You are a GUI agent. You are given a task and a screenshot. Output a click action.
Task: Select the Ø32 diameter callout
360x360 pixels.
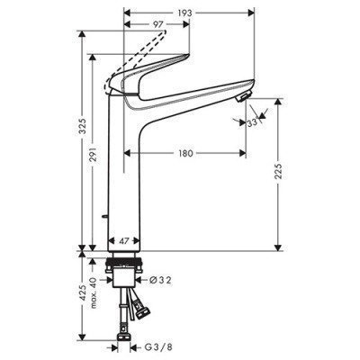163,279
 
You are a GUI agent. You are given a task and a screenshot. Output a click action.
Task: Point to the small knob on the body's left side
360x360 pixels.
105,213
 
